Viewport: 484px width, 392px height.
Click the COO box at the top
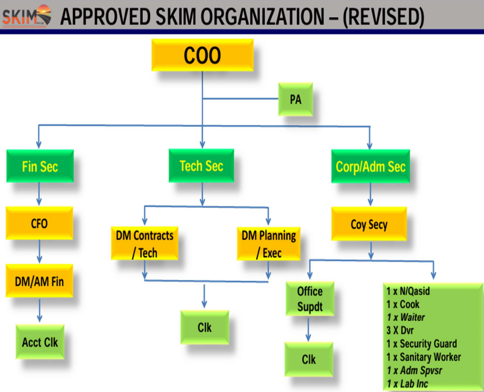pyautogui.click(x=202, y=55)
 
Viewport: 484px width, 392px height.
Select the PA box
pyautogui.click(x=295, y=99)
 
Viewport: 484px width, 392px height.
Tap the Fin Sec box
pyautogui.click(x=40, y=166)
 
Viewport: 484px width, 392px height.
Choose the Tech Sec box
pyautogui.click(x=201, y=166)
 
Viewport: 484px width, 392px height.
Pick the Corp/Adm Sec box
pyautogui.click(x=370, y=166)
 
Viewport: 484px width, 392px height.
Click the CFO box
pyautogui.click(x=39, y=223)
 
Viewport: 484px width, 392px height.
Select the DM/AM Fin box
pyautogui.click(x=39, y=280)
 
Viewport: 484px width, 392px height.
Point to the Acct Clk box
pyautogui.click(x=40, y=342)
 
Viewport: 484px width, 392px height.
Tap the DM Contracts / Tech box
pyautogui.click(x=144, y=244)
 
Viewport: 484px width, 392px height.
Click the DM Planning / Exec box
pyautogui.click(x=268, y=244)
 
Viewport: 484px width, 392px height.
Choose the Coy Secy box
pyautogui.click(x=369, y=224)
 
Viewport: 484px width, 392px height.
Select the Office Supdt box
pyautogui.click(x=310, y=299)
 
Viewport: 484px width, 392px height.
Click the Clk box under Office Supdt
pyautogui.click(x=309, y=359)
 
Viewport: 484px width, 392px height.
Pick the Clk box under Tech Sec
pyautogui.click(x=204, y=327)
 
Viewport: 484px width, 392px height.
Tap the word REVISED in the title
pyautogui.click(x=383, y=17)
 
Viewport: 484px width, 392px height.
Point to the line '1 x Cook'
pyautogui.click(x=403, y=304)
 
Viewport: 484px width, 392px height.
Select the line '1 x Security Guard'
pyautogui.click(x=421, y=344)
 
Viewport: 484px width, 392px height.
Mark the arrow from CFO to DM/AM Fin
pyautogui.click(x=39, y=252)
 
